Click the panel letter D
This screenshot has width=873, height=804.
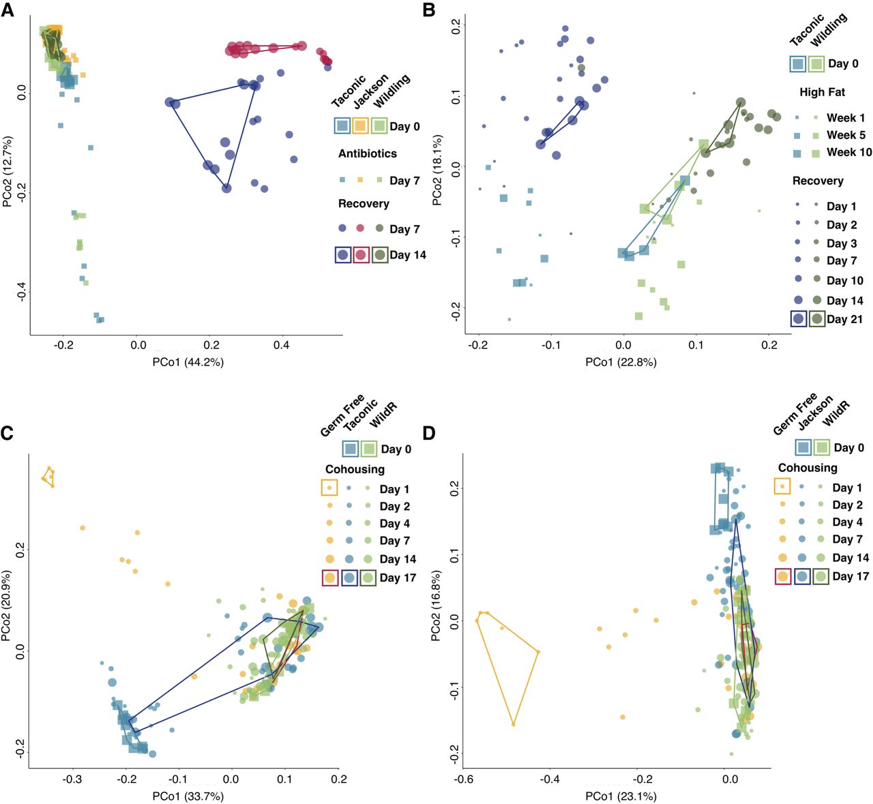[x=429, y=433]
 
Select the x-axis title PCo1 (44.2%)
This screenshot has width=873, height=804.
[x=188, y=362]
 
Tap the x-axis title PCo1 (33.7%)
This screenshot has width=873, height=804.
[x=188, y=796]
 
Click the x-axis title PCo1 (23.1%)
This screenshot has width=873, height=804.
[x=621, y=796]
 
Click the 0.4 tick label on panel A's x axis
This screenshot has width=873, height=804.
[x=281, y=345]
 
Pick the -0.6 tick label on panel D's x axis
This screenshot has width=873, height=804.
[x=462, y=779]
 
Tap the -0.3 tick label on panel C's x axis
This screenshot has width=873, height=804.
[x=72, y=779]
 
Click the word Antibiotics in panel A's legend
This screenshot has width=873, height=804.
[x=367, y=153]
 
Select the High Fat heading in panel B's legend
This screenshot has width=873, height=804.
[x=822, y=92]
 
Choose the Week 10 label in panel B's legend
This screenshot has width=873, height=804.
[x=849, y=152]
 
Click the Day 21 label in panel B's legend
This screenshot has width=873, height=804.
[x=844, y=319]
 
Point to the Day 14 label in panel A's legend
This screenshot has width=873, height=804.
[x=408, y=255]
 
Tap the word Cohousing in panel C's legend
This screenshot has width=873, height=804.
[x=355, y=469]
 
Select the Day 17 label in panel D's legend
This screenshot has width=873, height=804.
[x=850, y=576]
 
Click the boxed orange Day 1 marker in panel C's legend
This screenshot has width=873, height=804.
[x=329, y=488]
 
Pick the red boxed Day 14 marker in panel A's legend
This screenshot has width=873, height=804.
[x=361, y=255]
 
